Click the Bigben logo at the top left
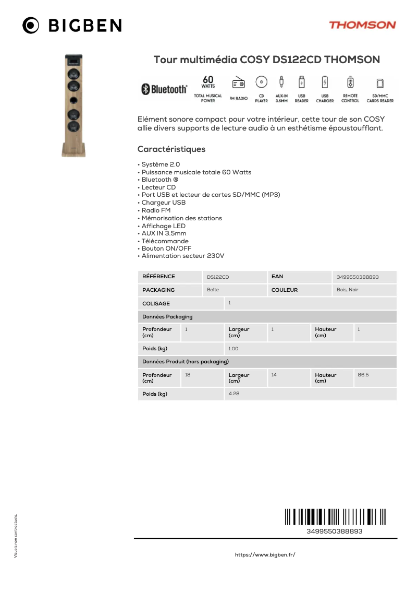click(72, 25)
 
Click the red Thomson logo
click(362, 25)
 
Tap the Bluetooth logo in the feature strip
click(165, 89)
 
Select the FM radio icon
click(238, 83)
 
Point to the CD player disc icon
click(261, 82)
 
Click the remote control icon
click(350, 82)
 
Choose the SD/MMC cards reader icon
click(380, 83)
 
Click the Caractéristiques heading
click(171, 149)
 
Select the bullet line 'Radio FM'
click(156, 210)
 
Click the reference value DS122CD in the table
click(218, 277)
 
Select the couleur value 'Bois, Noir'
click(348, 290)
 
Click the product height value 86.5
click(363, 375)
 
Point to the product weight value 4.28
click(234, 394)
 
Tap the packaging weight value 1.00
click(233, 349)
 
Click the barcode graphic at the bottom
click(335, 517)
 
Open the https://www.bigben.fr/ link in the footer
click(265, 555)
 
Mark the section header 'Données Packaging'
click(167, 317)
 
